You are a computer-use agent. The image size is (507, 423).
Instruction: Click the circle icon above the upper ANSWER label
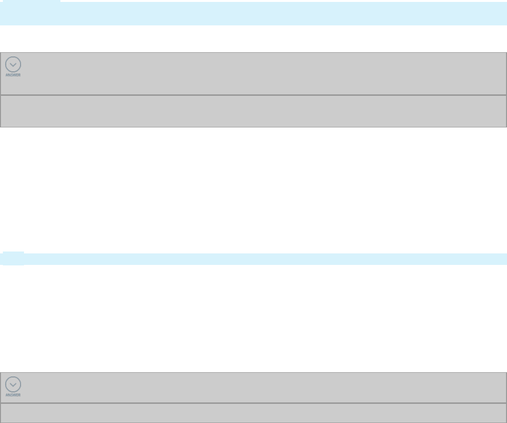point(13,65)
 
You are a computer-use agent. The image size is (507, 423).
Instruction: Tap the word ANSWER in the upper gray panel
point(13,75)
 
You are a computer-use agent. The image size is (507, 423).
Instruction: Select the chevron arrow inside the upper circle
point(13,65)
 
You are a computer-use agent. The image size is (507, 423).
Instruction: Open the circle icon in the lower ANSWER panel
point(13,384)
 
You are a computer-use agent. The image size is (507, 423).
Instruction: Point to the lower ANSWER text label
point(13,395)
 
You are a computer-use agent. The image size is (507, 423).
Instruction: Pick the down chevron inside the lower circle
point(13,385)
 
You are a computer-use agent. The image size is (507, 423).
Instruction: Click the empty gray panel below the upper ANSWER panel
point(253,111)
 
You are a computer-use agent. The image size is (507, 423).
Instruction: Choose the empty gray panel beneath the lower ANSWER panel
point(253,413)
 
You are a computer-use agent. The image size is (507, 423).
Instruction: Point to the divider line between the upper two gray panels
point(253,95)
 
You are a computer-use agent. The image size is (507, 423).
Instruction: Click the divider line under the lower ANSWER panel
point(253,403)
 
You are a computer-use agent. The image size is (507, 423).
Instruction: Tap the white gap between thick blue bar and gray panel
point(253,39)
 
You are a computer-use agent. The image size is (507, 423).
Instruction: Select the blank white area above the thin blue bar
point(253,192)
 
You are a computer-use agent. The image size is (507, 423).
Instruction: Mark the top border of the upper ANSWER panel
point(253,53)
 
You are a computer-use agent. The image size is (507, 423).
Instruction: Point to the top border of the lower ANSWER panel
point(253,372)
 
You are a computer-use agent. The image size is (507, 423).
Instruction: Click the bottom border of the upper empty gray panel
point(253,127)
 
